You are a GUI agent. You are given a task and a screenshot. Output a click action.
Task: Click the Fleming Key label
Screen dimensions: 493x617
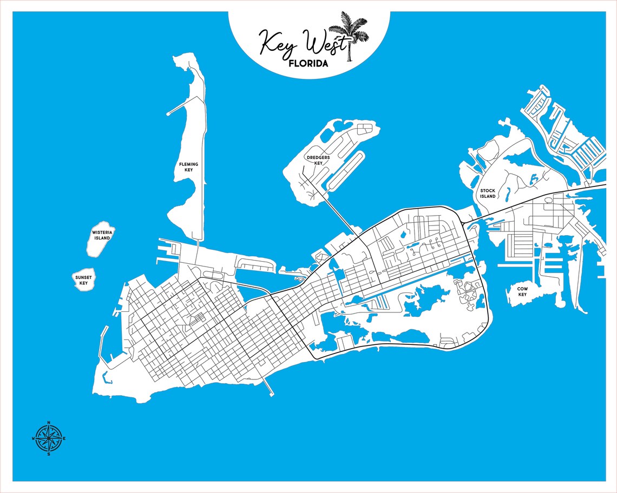tap(188, 167)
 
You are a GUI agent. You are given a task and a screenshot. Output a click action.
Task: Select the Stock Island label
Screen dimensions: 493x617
tap(488, 194)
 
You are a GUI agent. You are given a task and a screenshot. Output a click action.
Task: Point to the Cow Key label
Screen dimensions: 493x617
tap(522, 291)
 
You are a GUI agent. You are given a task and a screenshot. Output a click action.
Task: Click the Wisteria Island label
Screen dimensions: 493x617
tap(101, 235)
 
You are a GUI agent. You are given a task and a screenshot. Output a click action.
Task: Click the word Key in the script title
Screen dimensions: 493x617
tap(275, 42)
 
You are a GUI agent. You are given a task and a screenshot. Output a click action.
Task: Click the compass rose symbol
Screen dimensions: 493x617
tap(49, 438)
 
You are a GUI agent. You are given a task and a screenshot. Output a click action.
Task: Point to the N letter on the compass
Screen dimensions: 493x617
tap(49, 422)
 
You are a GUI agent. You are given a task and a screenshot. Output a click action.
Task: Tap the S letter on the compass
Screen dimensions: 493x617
tap(49, 454)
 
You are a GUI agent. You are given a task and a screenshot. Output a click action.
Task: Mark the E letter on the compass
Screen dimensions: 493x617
tap(65, 438)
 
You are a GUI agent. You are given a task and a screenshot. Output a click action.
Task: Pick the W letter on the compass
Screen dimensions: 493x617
tap(33, 438)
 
